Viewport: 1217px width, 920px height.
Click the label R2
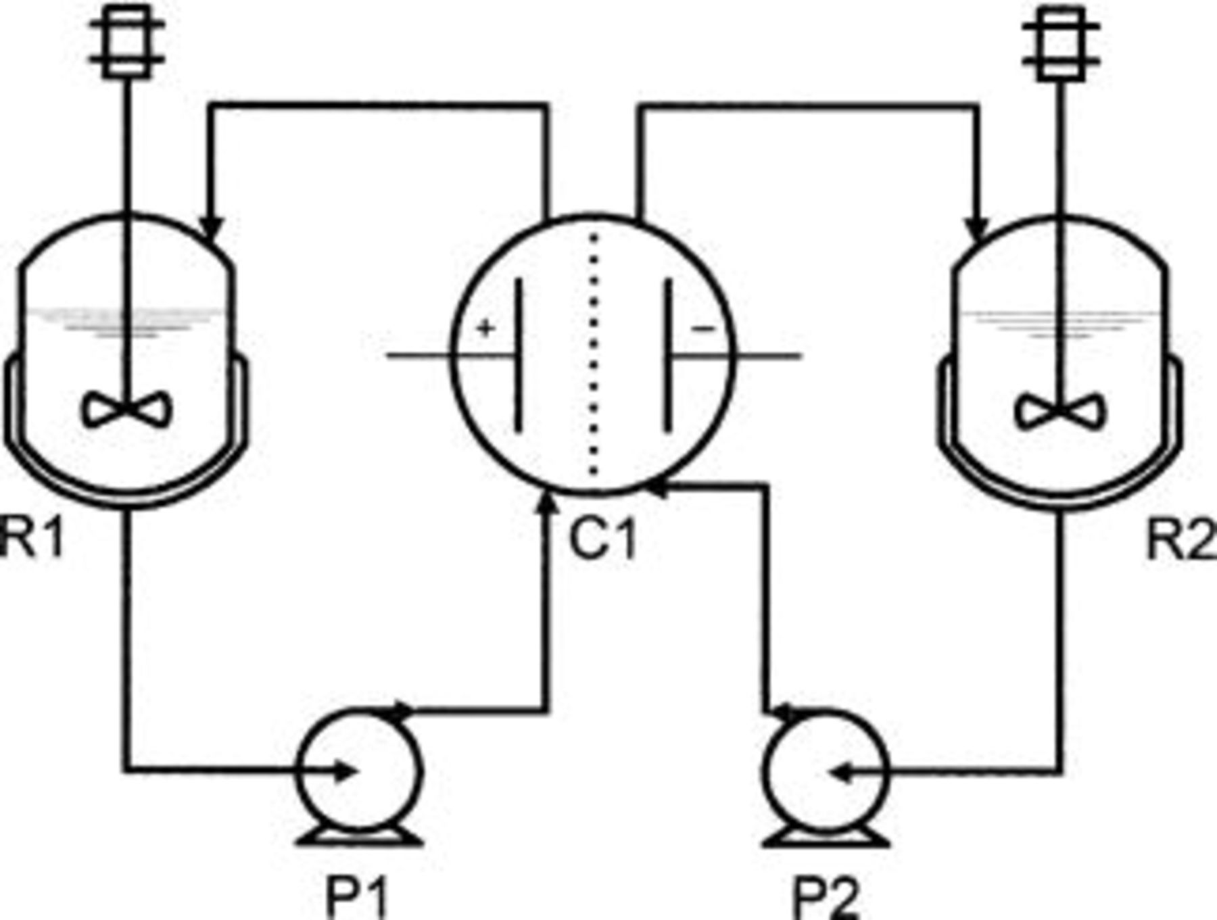coord(1180,541)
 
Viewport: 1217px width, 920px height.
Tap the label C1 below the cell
coord(602,540)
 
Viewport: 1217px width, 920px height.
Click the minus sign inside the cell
coord(704,329)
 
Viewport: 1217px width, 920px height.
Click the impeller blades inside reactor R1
coord(126,410)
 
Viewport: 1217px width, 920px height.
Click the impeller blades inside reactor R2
coord(1060,412)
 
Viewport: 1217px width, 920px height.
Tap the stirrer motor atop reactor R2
coord(1061,43)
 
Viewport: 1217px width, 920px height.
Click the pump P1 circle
coord(360,771)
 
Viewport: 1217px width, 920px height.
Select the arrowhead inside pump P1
coord(345,771)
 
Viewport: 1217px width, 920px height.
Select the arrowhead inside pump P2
coord(838,773)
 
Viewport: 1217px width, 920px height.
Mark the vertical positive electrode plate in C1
coord(519,355)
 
